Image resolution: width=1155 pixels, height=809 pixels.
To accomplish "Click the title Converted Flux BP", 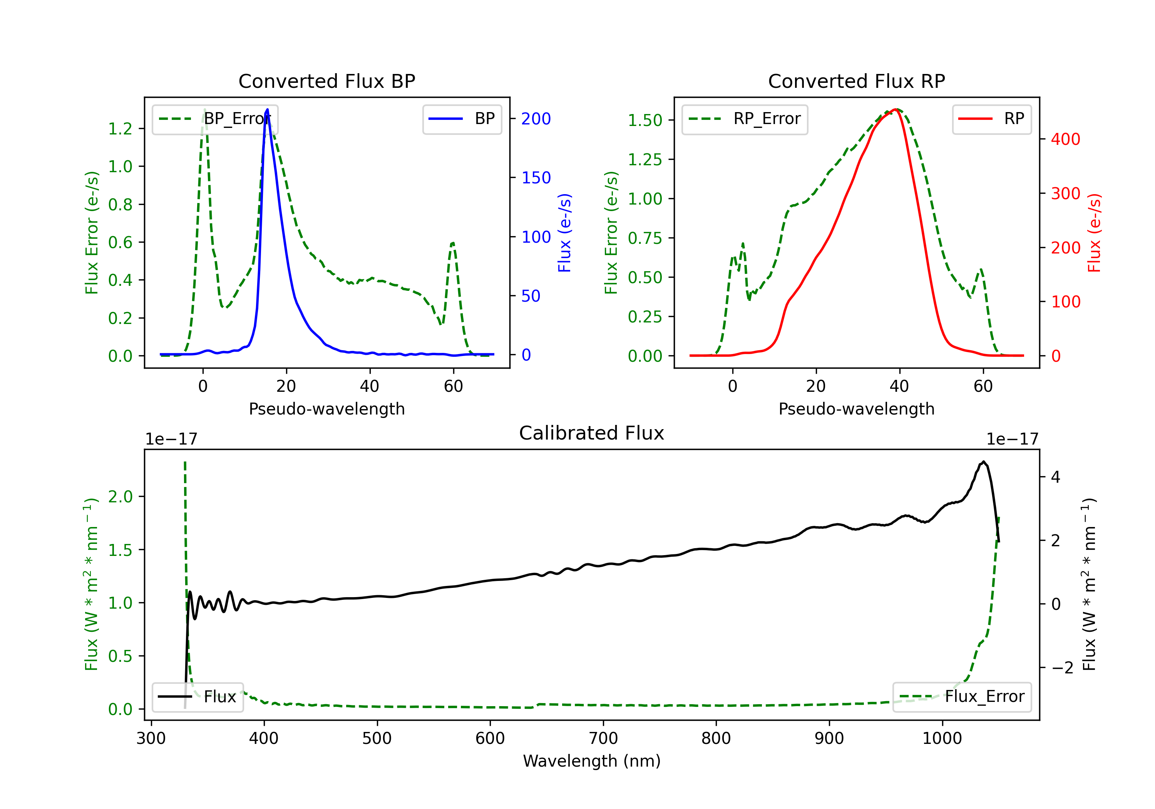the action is click(x=327, y=81).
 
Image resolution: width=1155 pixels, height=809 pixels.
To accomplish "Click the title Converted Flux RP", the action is click(x=857, y=81).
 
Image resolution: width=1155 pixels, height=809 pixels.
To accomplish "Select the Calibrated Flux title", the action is click(x=592, y=433).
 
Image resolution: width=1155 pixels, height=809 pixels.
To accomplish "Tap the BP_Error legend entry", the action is click(x=215, y=119).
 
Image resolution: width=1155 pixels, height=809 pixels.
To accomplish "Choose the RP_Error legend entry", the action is click(x=745, y=119).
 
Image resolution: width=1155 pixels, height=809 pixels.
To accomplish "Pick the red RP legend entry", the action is click(x=991, y=119).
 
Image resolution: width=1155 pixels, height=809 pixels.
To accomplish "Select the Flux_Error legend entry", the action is click(x=962, y=697).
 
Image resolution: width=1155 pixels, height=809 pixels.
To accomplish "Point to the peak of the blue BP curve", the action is click(x=267, y=109).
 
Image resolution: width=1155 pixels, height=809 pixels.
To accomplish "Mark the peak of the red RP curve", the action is click(x=896, y=109).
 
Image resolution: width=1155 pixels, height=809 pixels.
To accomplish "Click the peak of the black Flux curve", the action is click(x=983, y=462).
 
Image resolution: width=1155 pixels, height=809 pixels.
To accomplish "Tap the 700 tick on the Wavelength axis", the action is click(x=603, y=739).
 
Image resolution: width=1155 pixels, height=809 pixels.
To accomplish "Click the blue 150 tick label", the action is click(x=536, y=178).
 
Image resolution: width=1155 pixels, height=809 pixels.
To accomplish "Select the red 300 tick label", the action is click(x=1065, y=193).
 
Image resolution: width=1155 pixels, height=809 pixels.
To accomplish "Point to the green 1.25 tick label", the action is click(x=644, y=159).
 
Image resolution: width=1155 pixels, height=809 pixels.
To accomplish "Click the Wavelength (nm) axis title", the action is click(x=592, y=761).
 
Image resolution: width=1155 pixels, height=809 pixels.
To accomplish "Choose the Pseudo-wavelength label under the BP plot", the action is click(x=327, y=409).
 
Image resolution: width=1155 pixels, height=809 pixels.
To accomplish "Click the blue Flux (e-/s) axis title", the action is click(x=564, y=233).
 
